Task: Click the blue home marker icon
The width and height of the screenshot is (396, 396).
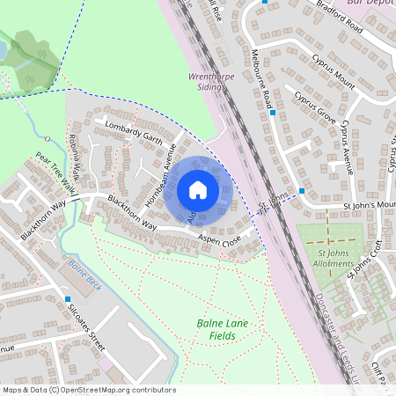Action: tap(198, 189)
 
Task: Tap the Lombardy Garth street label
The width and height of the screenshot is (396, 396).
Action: tap(134, 132)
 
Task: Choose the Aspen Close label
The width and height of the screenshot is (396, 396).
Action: tap(219, 239)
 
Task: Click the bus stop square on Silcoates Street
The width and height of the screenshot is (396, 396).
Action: tap(68, 299)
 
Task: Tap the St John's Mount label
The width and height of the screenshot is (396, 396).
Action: tap(370, 208)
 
